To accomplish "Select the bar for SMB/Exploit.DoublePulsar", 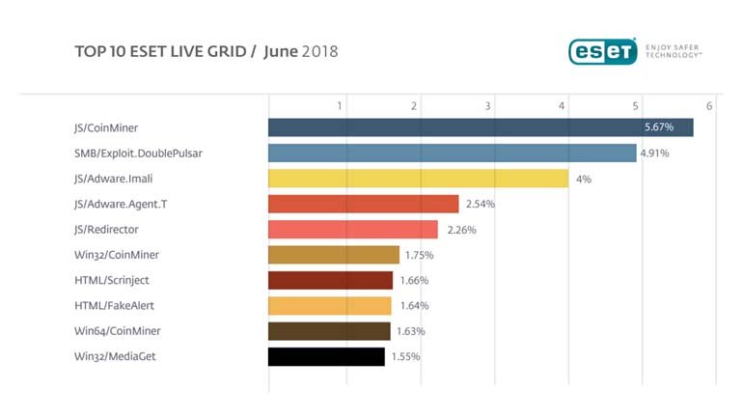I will click(452, 153).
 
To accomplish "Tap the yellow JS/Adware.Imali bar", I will click(418, 179).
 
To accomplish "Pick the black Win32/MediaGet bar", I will click(326, 356).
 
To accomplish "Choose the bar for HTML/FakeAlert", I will click(329, 306).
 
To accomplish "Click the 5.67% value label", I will click(660, 127).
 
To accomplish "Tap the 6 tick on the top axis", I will click(709, 105).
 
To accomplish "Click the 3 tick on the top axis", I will click(488, 105).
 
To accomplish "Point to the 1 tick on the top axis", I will click(340, 105).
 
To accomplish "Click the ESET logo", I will click(602, 50).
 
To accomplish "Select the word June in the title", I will click(280, 50).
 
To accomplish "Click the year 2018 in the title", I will click(322, 50).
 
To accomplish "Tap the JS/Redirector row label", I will click(107, 230).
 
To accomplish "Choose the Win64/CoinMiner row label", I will click(115, 331).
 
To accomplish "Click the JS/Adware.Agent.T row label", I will click(120, 204).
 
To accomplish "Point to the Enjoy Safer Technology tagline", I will click(673, 50).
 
